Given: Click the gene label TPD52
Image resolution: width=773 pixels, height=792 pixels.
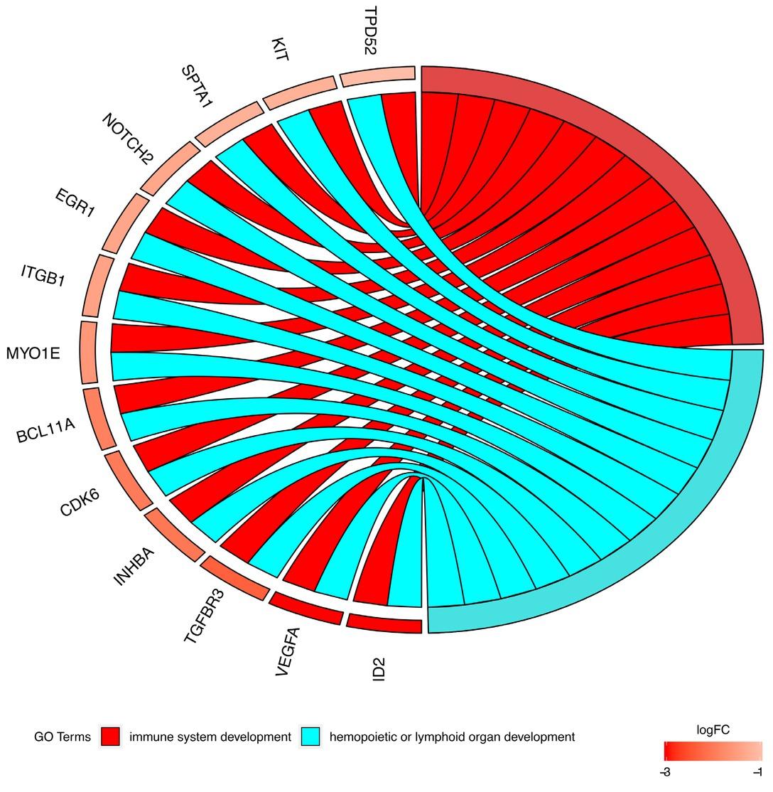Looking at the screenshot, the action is point(371,30).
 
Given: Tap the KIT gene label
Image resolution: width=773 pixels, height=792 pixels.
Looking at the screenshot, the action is point(280,49).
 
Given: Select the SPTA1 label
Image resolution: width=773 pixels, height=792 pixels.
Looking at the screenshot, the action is point(197,86).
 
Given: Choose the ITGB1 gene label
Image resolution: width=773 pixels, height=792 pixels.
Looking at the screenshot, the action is point(43,275).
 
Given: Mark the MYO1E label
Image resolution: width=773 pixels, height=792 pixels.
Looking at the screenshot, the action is point(33,353).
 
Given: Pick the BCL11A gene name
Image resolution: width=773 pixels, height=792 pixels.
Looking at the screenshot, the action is point(45,431).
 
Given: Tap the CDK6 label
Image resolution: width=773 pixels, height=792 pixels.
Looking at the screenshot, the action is point(80,502).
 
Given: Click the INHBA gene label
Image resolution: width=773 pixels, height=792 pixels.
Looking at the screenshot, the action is point(134,567).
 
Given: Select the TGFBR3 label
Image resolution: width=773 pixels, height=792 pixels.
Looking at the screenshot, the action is point(203,616).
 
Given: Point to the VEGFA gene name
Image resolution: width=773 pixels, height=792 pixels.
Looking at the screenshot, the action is point(288,651).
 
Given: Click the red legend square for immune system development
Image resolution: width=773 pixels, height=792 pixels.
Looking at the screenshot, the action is point(110,737).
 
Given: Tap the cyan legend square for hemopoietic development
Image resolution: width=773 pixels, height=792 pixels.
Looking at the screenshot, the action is point(310,737).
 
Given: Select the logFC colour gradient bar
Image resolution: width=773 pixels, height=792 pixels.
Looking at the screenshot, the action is point(713,751).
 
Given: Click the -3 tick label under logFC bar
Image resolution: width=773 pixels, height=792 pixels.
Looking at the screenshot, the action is point(665,772).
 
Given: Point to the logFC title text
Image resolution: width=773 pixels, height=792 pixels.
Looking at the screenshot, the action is point(713,729).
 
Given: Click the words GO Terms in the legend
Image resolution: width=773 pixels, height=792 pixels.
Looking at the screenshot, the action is point(62,737).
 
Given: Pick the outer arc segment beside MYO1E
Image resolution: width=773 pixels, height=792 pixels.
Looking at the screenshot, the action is point(88,352).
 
